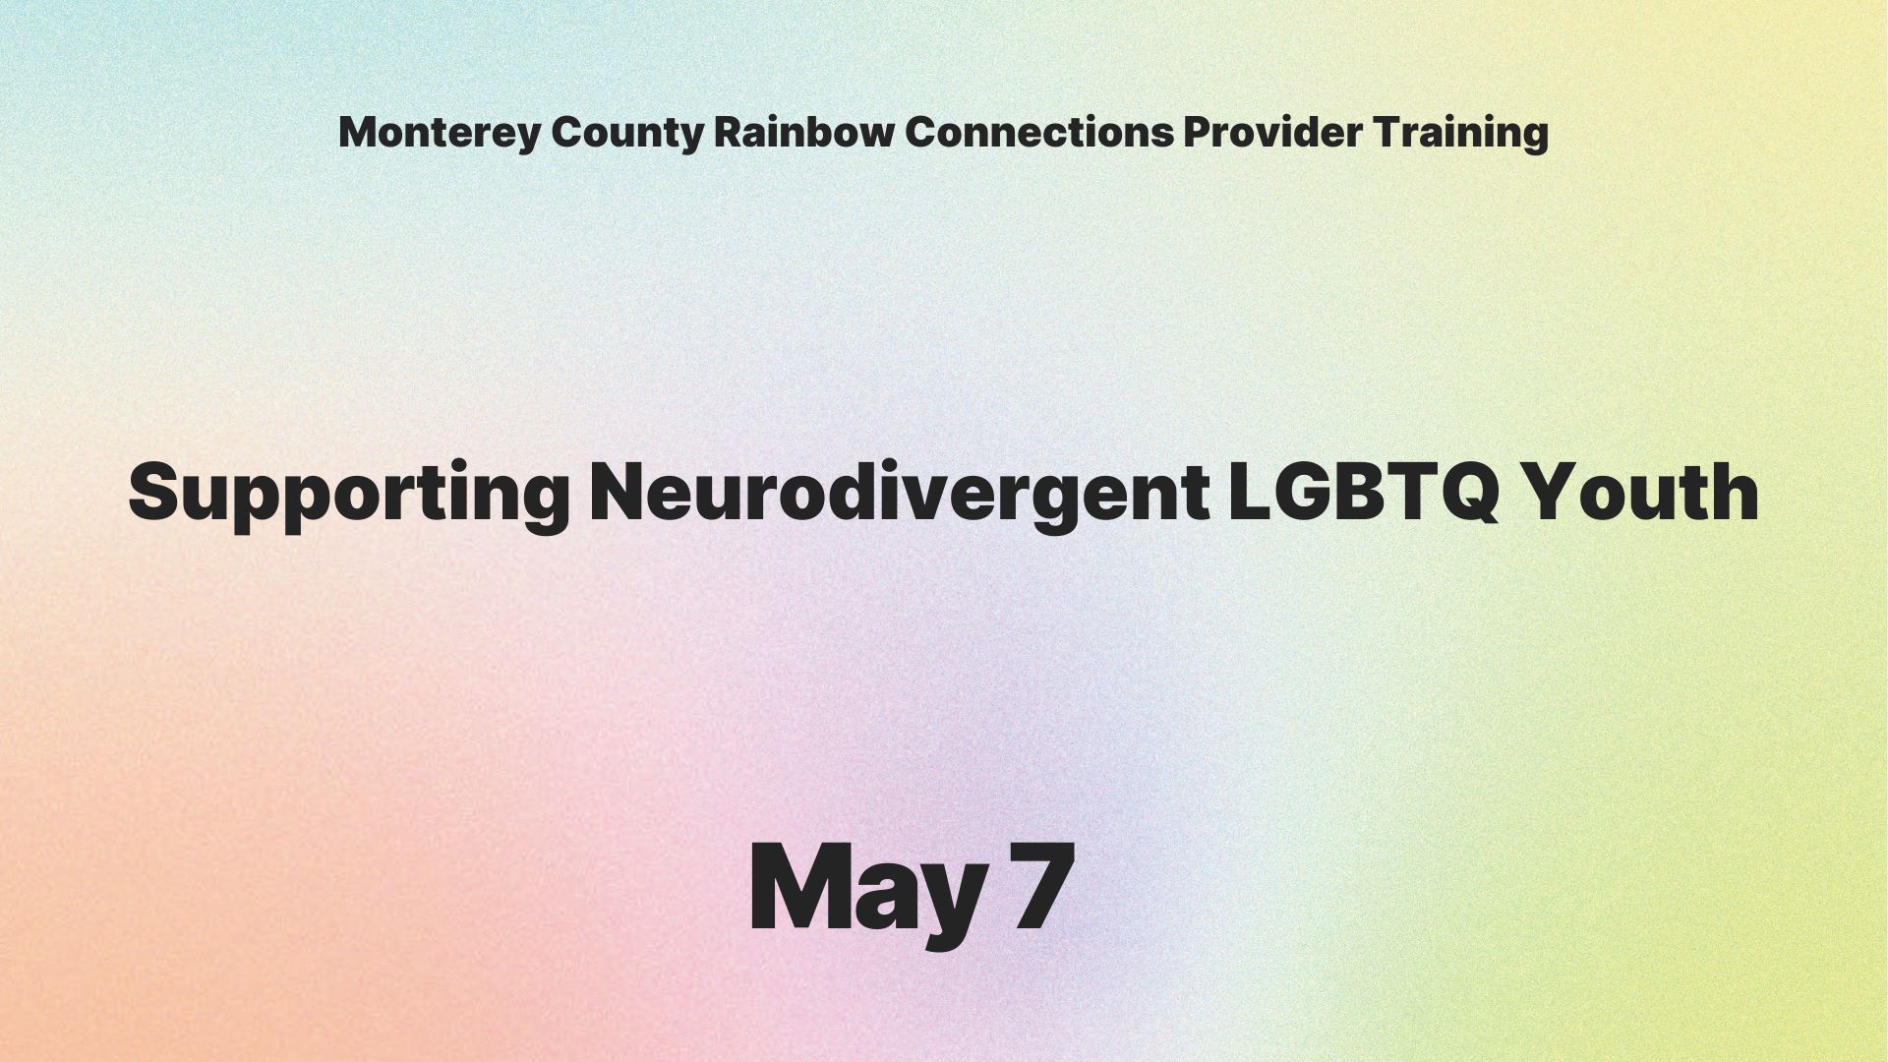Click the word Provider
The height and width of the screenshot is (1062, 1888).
(x=1272, y=132)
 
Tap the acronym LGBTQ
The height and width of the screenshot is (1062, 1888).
(x=1365, y=491)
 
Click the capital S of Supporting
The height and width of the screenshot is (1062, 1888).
(x=158, y=491)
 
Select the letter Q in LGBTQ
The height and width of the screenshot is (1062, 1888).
(x=1466, y=493)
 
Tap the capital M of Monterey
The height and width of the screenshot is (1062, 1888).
(x=358, y=132)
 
